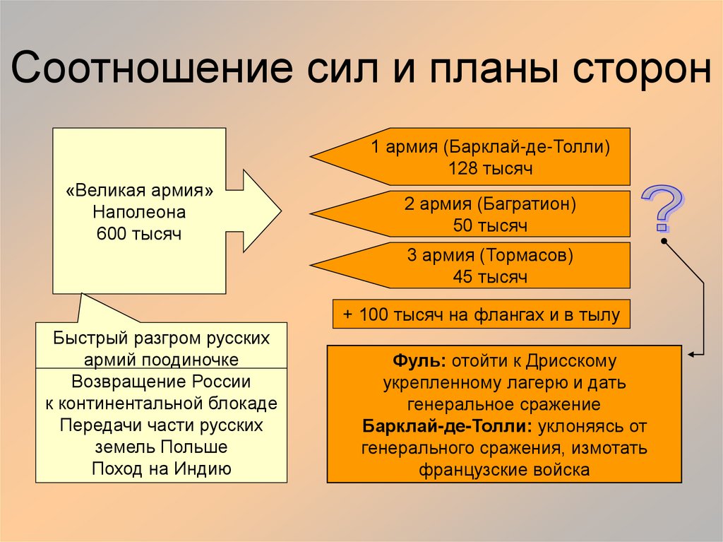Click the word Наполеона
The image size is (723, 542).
click(x=138, y=212)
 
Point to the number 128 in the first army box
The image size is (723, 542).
click(x=462, y=169)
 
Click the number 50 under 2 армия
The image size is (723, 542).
click(x=464, y=226)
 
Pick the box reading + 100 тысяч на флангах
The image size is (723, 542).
click(x=482, y=314)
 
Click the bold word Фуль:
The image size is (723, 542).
click(x=419, y=362)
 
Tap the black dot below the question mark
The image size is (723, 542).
click(x=664, y=241)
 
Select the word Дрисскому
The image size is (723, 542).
click(x=572, y=362)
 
